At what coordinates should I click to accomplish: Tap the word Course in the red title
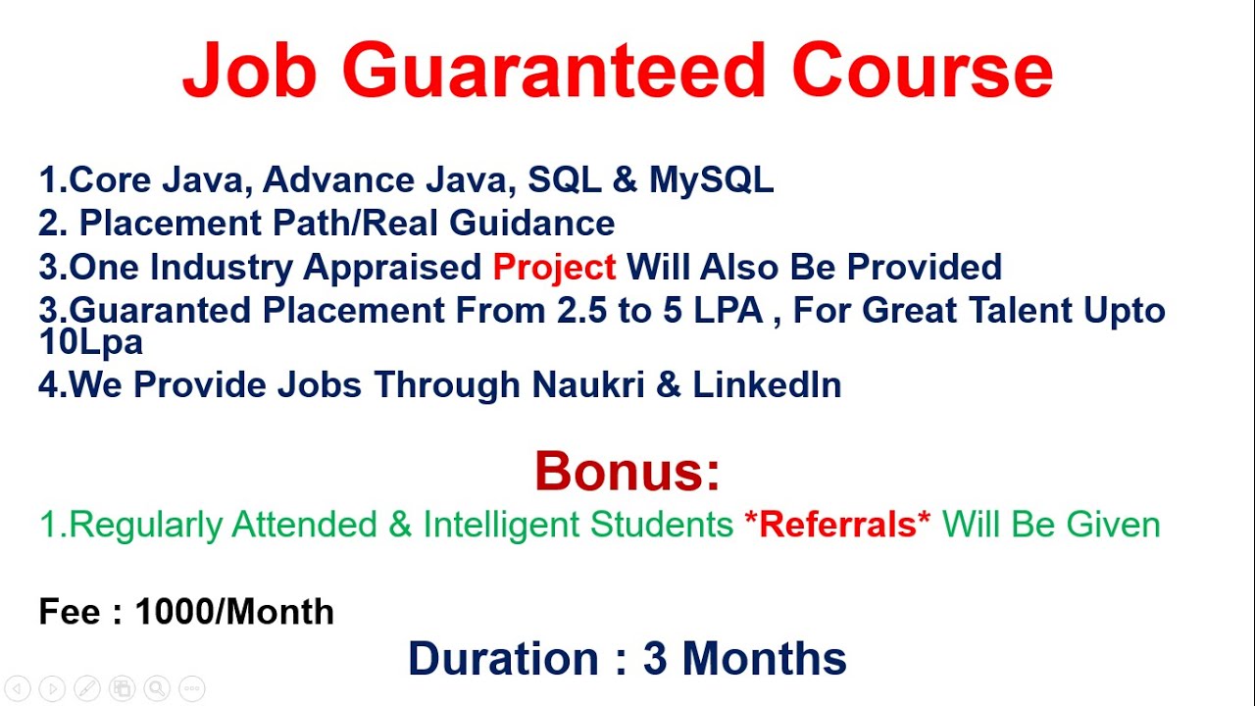point(922,71)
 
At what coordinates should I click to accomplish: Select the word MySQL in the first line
point(712,180)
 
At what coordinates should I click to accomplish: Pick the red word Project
point(554,267)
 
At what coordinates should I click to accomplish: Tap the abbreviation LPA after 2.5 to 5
point(726,311)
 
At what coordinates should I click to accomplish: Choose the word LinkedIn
point(767,385)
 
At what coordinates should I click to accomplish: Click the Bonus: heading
point(627,472)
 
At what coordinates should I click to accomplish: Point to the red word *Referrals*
point(837,526)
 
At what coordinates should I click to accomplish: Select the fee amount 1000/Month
point(234,613)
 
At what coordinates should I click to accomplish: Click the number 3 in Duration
point(655,659)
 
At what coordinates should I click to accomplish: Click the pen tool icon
point(86,688)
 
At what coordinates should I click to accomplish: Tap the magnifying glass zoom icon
point(157,688)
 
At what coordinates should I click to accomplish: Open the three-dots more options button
point(192,688)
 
